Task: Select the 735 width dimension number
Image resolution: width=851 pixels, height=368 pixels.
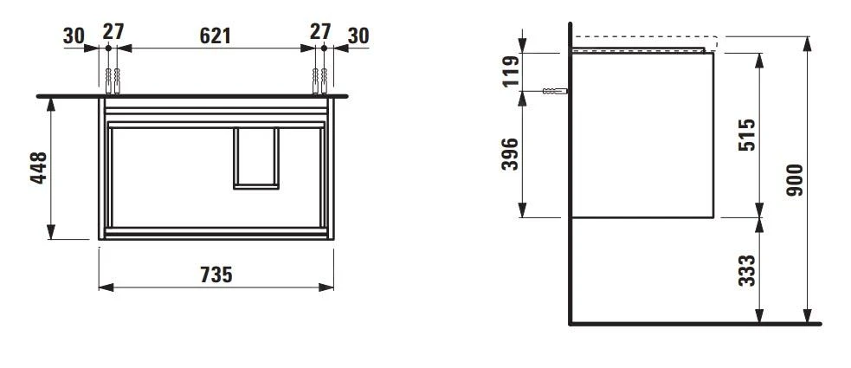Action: pyautogui.click(x=216, y=275)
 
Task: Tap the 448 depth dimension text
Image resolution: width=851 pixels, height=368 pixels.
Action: pyautogui.click(x=37, y=168)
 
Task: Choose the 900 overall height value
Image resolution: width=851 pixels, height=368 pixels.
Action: pyautogui.click(x=796, y=180)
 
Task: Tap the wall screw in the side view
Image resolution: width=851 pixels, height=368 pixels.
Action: pyautogui.click(x=553, y=91)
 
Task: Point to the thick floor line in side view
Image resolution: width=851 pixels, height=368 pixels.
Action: pyautogui.click(x=693, y=325)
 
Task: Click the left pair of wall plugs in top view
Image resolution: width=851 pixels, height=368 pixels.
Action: pyautogui.click(x=112, y=80)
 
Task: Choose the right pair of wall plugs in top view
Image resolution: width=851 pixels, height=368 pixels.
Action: pyautogui.click(x=319, y=80)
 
